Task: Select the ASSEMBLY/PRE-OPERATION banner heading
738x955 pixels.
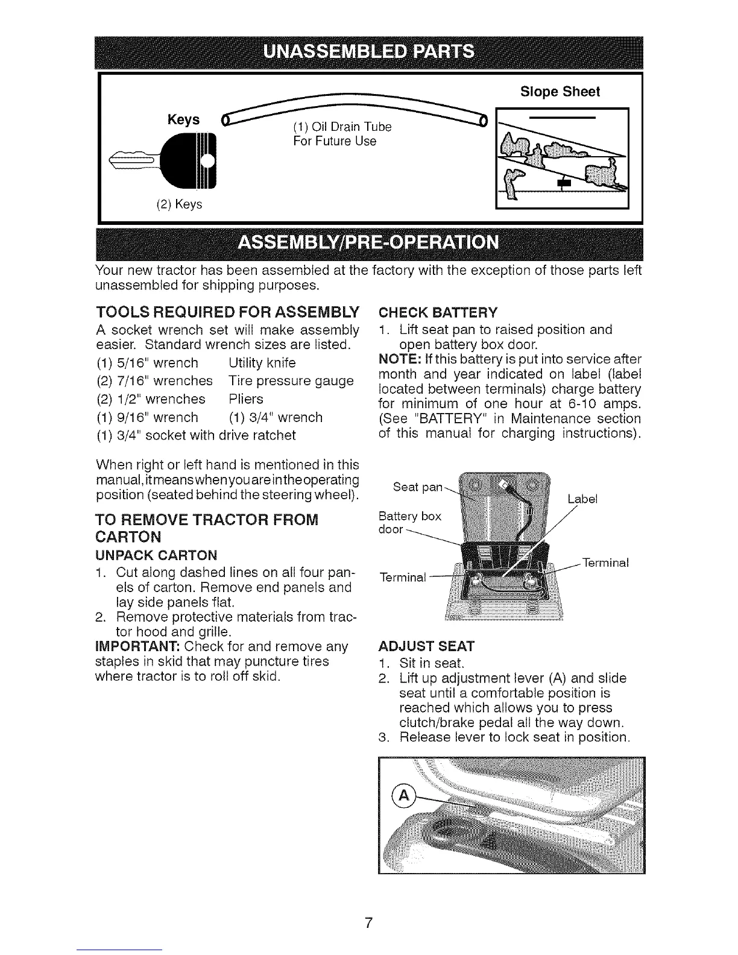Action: tap(369, 242)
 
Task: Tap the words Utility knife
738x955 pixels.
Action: tap(262, 363)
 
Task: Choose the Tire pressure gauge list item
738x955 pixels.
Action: tap(291, 381)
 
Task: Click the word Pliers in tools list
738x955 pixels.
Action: tap(246, 399)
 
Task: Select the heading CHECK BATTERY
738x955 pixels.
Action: tap(438, 312)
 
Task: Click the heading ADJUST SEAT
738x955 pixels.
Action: tap(427, 647)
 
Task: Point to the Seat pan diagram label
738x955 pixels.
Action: tap(417, 487)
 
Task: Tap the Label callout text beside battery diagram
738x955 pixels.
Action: tap(582, 499)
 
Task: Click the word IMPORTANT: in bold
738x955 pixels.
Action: tap(138, 647)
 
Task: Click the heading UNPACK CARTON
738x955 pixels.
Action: tap(157, 555)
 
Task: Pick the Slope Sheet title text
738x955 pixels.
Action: tap(560, 92)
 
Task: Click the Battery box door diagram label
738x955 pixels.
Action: tap(409, 522)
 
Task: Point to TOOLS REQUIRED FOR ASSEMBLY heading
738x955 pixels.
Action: tap(227, 312)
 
